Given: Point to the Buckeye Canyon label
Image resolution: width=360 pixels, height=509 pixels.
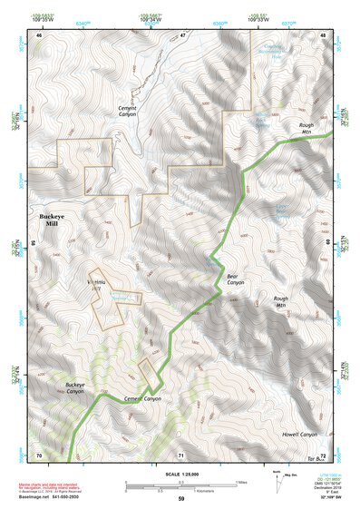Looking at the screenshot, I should tap(83, 388).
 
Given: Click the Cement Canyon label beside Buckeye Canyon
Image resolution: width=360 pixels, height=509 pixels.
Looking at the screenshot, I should tap(142, 398).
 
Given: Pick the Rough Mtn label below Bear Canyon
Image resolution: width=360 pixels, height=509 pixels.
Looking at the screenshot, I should tap(280, 301).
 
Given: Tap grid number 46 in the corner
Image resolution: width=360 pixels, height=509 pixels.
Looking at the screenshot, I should tap(39, 34).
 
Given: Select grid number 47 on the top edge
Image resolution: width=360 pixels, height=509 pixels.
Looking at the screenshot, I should tap(181, 34).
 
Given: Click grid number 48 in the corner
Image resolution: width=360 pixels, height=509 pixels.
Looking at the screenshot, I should tap(323, 34).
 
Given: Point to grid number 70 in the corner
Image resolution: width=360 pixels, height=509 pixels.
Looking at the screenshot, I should tap(38, 454).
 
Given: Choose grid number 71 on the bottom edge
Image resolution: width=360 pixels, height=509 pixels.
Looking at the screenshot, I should tap(180, 454).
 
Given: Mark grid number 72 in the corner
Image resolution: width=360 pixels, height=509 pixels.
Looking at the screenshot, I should tap(324, 454).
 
